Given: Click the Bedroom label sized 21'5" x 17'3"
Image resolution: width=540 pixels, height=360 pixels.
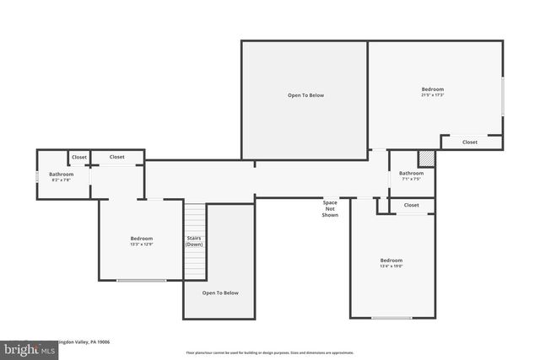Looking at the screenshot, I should (433, 92).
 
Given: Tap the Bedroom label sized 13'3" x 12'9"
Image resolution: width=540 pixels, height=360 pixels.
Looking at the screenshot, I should (141, 241).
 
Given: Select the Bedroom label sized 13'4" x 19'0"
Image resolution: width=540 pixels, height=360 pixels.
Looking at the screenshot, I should (391, 263).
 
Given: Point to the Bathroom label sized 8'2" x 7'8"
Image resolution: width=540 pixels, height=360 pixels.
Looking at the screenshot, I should (61, 177).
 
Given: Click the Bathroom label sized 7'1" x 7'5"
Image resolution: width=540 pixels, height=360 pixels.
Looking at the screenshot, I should (411, 176).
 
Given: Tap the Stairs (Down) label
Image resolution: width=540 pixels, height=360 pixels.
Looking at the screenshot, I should (194, 241).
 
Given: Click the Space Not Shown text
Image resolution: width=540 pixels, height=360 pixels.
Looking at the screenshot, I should (330, 208).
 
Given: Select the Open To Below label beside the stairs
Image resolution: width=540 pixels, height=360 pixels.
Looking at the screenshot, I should (220, 293).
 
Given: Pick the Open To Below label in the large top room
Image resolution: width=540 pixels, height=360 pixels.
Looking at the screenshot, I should (305, 95).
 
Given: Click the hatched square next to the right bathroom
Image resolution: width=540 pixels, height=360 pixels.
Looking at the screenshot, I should (427, 158).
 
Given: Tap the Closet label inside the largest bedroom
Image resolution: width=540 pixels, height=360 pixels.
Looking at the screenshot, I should (470, 142).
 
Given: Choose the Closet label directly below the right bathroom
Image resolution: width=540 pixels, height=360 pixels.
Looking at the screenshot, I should (411, 205).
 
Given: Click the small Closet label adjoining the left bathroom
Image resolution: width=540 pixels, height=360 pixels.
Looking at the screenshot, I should (78, 157).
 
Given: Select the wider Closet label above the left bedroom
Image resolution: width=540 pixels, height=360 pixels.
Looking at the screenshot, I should (116, 157).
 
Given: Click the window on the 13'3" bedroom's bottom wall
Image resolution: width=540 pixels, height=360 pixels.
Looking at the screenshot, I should (141, 280).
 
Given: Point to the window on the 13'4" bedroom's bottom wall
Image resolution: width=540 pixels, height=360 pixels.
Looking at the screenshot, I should (391, 317).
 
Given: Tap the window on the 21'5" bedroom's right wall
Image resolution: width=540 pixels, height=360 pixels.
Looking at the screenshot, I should (503, 96).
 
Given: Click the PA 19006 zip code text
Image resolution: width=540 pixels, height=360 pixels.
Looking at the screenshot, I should (98, 341).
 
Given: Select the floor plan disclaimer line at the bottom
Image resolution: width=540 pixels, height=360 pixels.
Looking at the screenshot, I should (269, 352).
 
